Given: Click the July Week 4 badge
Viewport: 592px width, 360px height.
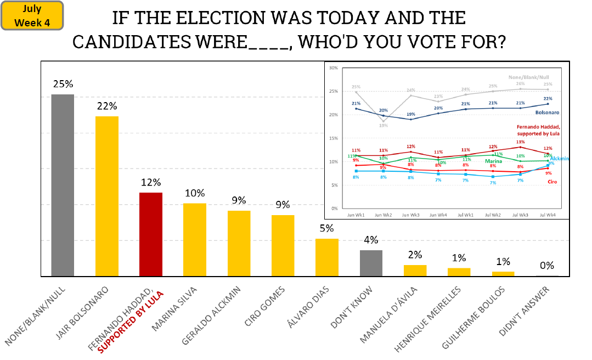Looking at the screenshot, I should (x=32, y=15).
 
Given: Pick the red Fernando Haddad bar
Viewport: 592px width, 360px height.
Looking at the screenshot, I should (x=151, y=234).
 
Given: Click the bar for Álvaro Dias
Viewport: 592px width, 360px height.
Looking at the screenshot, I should (x=327, y=257).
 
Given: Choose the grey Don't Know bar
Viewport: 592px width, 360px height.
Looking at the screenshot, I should (x=371, y=263).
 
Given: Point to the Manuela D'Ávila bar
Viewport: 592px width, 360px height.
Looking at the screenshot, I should (x=415, y=271).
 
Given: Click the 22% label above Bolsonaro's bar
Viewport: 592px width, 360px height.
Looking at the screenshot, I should (x=107, y=106).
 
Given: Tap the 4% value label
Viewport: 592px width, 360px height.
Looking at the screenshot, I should (x=371, y=240).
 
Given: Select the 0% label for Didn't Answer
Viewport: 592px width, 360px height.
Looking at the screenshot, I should (x=547, y=266).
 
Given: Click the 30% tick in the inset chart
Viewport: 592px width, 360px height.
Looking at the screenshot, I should (x=334, y=68).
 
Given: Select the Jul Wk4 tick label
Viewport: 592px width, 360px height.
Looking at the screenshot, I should (x=548, y=215).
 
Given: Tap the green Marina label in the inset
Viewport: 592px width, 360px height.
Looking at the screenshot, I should (x=494, y=161).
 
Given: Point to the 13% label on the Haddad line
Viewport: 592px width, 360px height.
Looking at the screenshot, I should (x=520, y=142).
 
